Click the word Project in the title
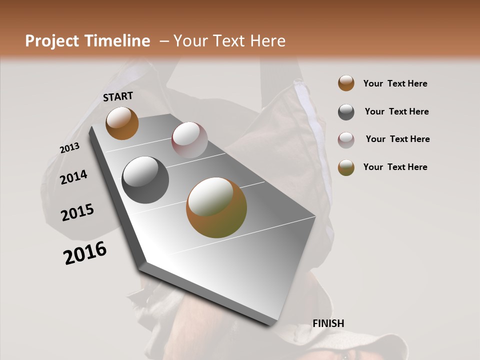52,41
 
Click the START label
118,96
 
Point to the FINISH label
328,323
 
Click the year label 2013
69,148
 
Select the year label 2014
73,177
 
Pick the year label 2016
85,253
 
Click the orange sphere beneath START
122,123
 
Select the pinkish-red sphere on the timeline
189,139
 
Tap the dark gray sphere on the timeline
145,180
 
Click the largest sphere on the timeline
216,207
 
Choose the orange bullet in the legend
346,83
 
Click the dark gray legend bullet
346,112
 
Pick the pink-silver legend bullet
346,140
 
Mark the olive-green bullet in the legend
346,167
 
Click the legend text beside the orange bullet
395,83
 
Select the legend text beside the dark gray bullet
396,111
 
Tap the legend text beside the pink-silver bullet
397,139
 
